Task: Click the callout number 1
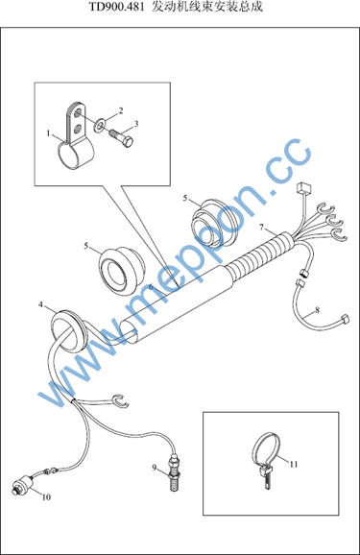[49, 133]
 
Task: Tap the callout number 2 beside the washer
[121, 110]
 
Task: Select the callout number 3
[136, 124]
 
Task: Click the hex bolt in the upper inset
[121, 137]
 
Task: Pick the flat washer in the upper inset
[100, 125]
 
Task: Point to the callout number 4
[40, 304]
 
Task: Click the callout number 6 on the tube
[151, 287]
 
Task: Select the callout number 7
[261, 227]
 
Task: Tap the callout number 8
[317, 310]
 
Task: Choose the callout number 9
[155, 468]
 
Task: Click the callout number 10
[46, 497]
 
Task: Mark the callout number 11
[294, 464]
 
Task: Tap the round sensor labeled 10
[22, 486]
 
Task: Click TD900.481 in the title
[116, 7]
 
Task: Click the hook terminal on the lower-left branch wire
[121, 399]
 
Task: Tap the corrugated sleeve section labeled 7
[262, 254]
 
